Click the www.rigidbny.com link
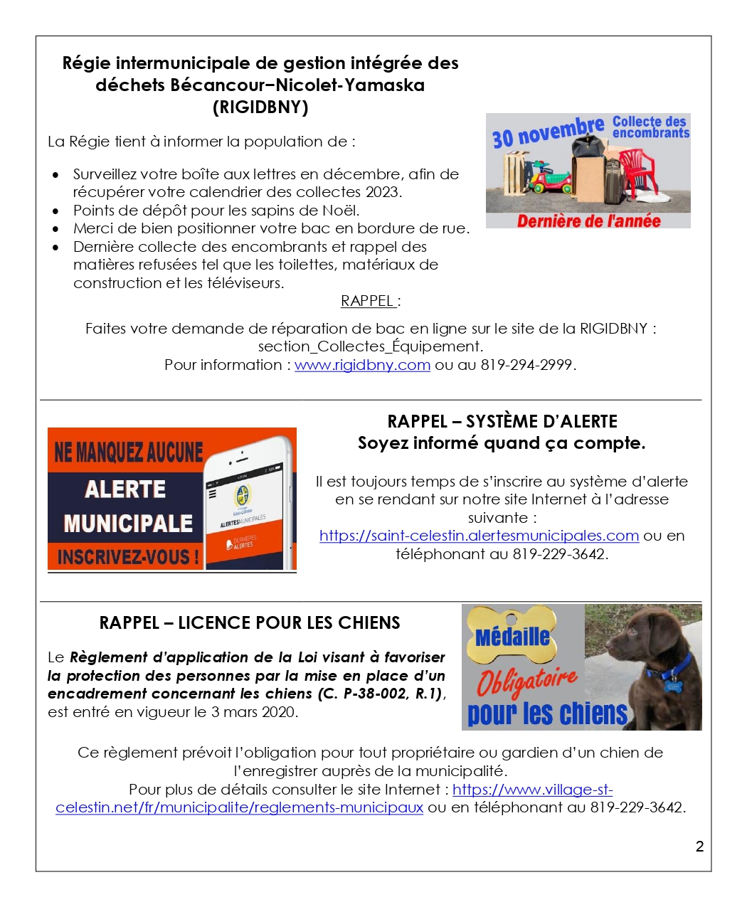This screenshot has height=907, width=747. pyautogui.click(x=362, y=365)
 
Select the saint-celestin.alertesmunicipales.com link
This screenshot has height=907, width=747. pyautogui.click(x=479, y=536)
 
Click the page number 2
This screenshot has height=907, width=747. pyautogui.click(x=699, y=846)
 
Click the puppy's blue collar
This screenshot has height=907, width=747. pyautogui.click(x=669, y=669)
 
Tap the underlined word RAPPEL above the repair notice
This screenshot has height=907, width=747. pyautogui.click(x=368, y=301)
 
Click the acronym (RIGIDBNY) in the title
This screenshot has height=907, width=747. pyautogui.click(x=260, y=107)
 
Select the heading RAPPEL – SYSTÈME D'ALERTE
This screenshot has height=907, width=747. pyautogui.click(x=502, y=421)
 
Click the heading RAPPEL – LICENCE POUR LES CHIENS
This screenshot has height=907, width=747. pyautogui.click(x=250, y=623)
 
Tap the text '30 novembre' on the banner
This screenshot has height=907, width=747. pyautogui.click(x=548, y=132)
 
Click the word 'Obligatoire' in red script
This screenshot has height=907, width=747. pyautogui.click(x=526, y=680)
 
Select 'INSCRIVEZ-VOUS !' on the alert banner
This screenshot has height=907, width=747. pyautogui.click(x=128, y=557)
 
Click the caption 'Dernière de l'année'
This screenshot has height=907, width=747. pyautogui.click(x=588, y=221)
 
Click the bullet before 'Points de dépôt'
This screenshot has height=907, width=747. pyautogui.click(x=56, y=211)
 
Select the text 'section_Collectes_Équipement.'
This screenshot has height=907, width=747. pyautogui.click(x=370, y=346)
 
